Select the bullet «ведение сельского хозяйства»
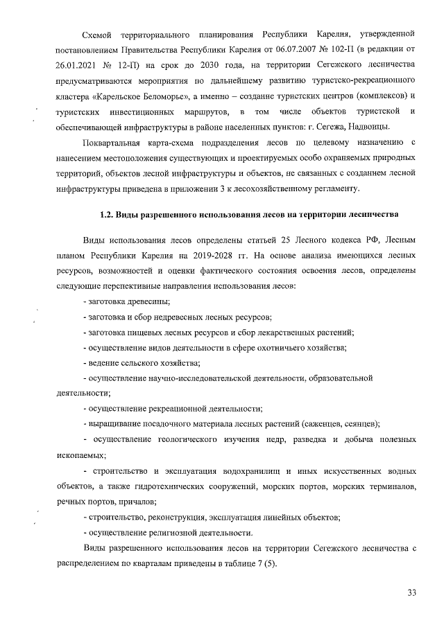click(142, 362)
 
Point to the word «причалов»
click(135, 502)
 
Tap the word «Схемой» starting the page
click(97, 34)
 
